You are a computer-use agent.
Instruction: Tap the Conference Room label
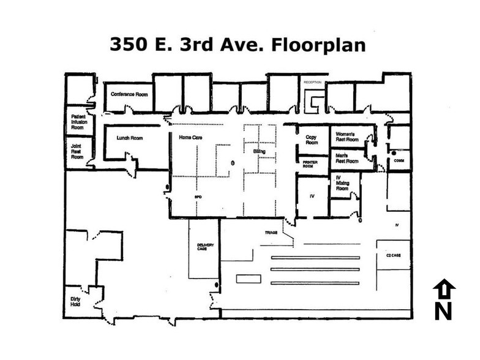(127, 94)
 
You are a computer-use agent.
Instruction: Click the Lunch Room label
(129, 138)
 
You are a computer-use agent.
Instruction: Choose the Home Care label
(190, 138)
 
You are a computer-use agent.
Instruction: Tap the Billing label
(260, 149)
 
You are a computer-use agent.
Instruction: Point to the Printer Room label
(312, 163)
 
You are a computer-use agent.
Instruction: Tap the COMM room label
(399, 160)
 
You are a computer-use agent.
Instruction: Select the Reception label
(312, 81)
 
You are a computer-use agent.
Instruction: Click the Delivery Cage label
(206, 247)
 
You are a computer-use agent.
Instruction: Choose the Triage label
(271, 233)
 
